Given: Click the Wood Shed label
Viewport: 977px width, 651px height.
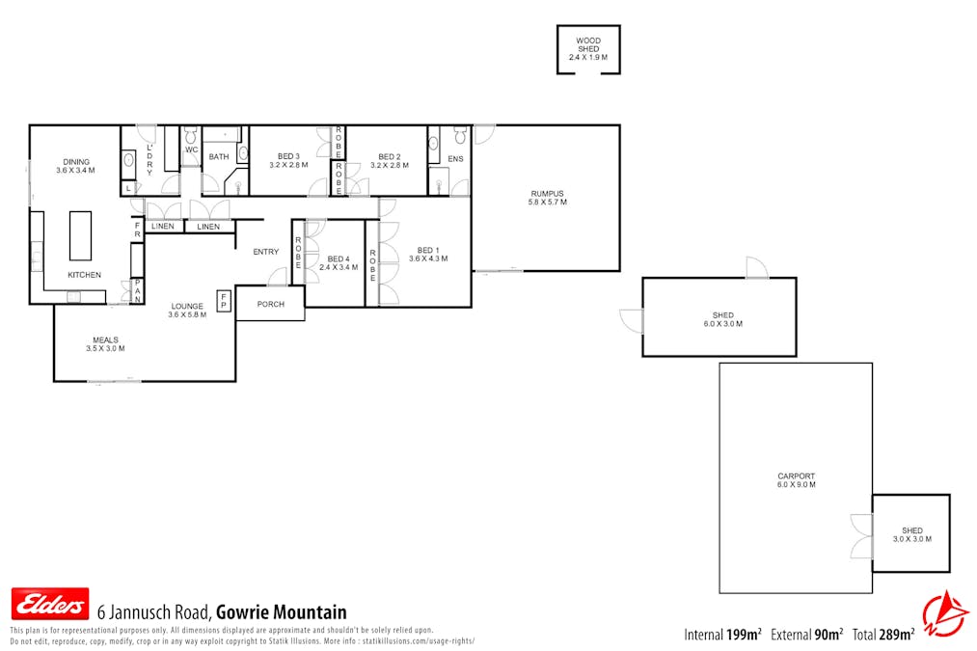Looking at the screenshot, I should coord(588,49).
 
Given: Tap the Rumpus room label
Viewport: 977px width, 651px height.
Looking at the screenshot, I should coord(547,197).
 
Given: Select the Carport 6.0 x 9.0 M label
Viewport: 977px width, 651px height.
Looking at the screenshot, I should coord(797,480).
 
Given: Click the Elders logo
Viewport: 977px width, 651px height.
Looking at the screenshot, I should coord(49,604).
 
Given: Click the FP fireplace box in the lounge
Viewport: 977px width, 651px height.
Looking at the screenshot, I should coord(224,300).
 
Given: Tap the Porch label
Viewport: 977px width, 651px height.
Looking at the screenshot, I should coord(271,304).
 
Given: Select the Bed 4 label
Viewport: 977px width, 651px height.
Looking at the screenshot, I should coord(338,262).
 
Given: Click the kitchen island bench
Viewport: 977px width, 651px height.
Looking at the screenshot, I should coord(81,235).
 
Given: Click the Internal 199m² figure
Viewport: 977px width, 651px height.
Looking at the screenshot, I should coord(722,635).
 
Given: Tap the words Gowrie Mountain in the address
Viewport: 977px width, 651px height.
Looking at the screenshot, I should coord(281,612).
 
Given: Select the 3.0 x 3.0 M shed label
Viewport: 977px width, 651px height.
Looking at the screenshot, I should coord(912,534).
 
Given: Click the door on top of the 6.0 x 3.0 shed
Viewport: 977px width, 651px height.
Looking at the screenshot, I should coord(757,268).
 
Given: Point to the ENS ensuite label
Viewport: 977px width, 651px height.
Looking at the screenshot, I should coord(455,159).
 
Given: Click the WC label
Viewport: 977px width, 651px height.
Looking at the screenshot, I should coord(191,150).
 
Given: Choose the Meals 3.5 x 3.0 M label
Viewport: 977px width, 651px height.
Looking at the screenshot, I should coord(106,343).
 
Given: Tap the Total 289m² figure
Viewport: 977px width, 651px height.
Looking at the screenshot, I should coord(882,635).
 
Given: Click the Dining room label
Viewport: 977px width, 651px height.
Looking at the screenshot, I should coord(76,166).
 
